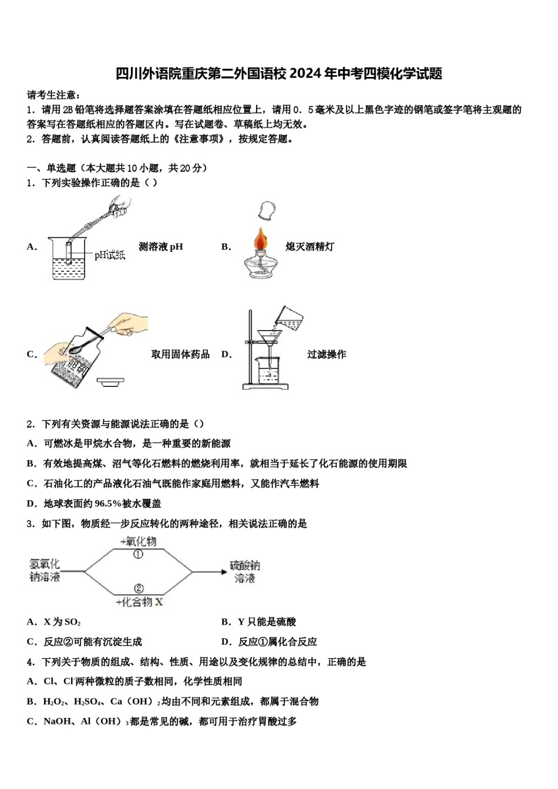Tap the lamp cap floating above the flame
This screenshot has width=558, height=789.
(x=267, y=210)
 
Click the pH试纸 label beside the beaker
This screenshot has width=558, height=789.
(x=110, y=255)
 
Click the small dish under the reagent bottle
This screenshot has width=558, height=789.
(x=110, y=382)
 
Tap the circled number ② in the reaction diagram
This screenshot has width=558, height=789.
(x=139, y=588)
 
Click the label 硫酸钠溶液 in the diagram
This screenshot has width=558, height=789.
(x=245, y=572)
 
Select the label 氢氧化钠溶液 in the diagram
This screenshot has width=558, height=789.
(x=45, y=571)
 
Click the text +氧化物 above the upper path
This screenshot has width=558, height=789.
(x=139, y=541)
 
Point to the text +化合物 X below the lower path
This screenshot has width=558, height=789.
(x=139, y=602)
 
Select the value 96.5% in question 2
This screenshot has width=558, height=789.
(x=107, y=504)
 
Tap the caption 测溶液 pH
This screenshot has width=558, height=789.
(x=160, y=247)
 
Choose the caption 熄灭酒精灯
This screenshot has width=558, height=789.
(x=310, y=247)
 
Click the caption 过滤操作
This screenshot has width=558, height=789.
(x=327, y=355)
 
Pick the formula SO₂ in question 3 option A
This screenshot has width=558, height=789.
(x=73, y=622)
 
